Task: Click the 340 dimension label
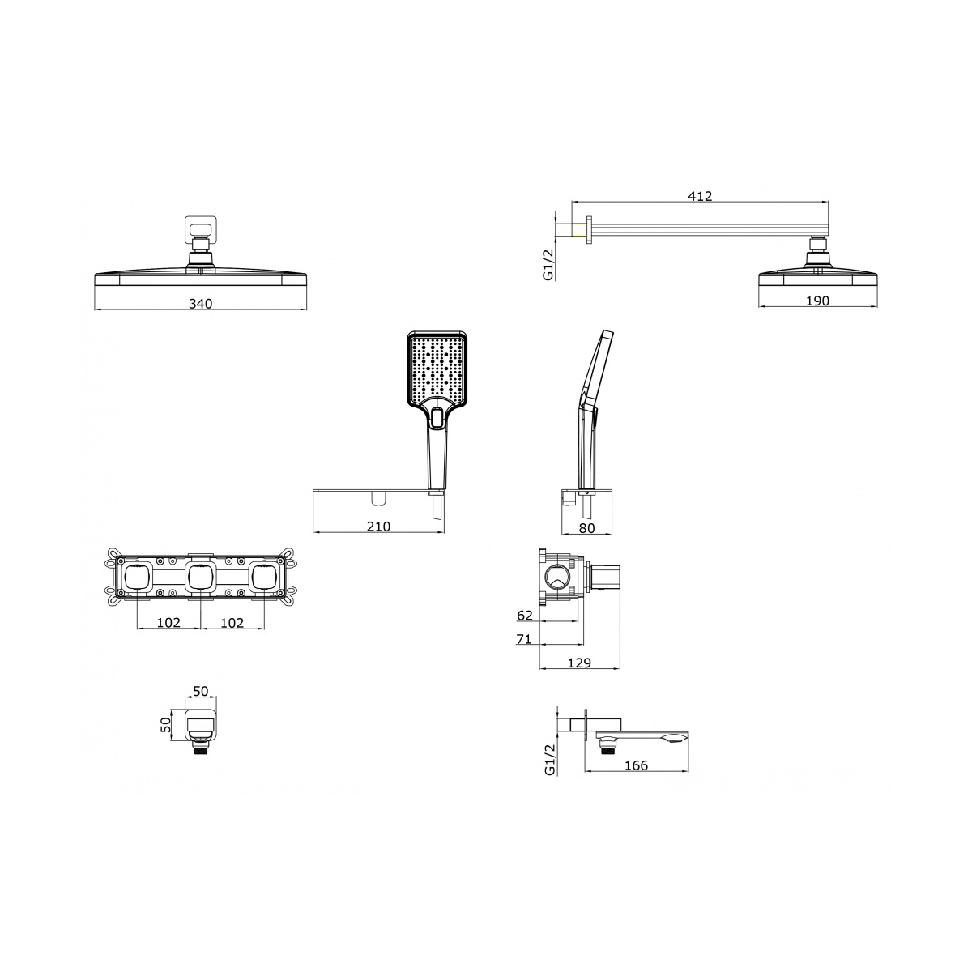pyautogui.click(x=200, y=304)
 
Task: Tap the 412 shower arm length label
pyautogui.click(x=700, y=196)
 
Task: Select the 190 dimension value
pyautogui.click(x=817, y=301)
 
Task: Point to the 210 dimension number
pyautogui.click(x=378, y=526)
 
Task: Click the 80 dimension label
pyautogui.click(x=587, y=528)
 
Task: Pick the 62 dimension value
pyautogui.click(x=525, y=616)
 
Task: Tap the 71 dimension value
pyautogui.click(x=524, y=639)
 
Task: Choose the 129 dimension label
pyautogui.click(x=579, y=663)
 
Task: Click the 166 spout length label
pyautogui.click(x=636, y=765)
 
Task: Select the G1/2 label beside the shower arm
pyautogui.click(x=548, y=264)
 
